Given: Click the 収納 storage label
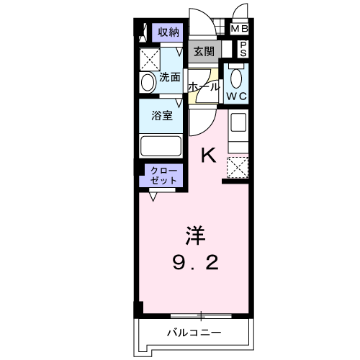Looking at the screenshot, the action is (x=168, y=32).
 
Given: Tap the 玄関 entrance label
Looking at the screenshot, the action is (x=204, y=51).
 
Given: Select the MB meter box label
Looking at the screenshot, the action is (x=239, y=29).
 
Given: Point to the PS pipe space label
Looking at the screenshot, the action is (x=243, y=49).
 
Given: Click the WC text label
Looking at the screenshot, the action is (x=237, y=96).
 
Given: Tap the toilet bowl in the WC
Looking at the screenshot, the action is (x=236, y=78).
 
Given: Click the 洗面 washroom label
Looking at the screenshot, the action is (x=170, y=77).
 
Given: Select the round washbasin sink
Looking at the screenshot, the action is (x=148, y=83).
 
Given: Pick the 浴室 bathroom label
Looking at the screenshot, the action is (x=162, y=116).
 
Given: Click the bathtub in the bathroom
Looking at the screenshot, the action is (x=161, y=146).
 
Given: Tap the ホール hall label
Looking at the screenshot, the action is (x=204, y=87).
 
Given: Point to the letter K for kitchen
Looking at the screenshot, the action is (x=209, y=156).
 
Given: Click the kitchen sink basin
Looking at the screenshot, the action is (x=238, y=122).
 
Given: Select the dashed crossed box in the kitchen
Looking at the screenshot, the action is (x=238, y=168).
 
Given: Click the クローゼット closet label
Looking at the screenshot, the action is (x=163, y=176).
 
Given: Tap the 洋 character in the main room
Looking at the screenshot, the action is (x=195, y=235).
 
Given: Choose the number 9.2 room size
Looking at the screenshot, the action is (x=196, y=263).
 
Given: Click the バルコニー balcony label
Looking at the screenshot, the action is (x=194, y=333).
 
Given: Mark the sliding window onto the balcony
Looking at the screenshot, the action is (x=201, y=316).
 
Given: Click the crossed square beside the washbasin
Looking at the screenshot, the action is (x=150, y=60).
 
